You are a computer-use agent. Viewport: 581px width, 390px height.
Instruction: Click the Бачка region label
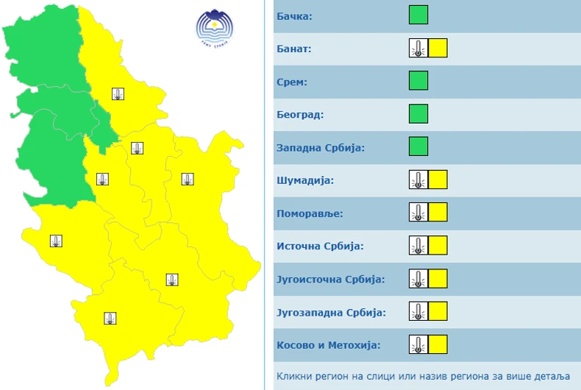tap(294, 15)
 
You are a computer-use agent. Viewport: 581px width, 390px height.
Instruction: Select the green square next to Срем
tap(418, 80)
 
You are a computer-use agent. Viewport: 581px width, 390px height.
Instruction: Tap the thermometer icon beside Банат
tap(418, 48)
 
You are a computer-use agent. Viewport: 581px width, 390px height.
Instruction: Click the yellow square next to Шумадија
tap(438, 179)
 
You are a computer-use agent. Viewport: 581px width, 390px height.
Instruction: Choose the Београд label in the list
tap(300, 115)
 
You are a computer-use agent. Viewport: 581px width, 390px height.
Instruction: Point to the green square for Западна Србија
tap(418, 146)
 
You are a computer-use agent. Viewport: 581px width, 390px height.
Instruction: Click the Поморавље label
tap(310, 213)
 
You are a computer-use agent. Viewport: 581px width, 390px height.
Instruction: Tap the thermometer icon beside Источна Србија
tap(418, 245)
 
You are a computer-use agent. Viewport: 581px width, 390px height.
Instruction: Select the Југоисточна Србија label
tap(331, 279)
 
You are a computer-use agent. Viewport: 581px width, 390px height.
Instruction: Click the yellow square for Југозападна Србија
tap(438, 311)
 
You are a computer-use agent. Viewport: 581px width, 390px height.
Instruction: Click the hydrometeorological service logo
tap(214, 27)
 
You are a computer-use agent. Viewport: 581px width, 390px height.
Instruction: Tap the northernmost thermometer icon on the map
tap(118, 93)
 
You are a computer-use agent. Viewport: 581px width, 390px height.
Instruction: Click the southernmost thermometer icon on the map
tap(110, 318)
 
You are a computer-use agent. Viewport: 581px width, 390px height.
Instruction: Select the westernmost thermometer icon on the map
tap(56, 241)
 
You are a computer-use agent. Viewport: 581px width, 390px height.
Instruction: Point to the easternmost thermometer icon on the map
tap(188, 179)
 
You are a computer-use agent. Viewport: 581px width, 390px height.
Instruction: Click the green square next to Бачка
tap(418, 15)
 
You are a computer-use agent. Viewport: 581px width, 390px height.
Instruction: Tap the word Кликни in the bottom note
tap(294, 376)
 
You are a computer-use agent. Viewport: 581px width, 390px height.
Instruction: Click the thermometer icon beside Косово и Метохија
tap(418, 344)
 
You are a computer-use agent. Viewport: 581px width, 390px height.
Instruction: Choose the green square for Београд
tap(418, 113)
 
